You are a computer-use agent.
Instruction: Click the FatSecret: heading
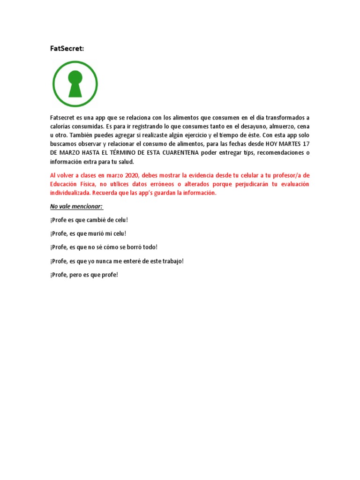pyautogui.click(x=67, y=48)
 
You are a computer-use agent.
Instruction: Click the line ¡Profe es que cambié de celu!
pyautogui.click(x=89, y=220)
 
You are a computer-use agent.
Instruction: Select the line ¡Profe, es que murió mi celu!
pyautogui.click(x=89, y=233)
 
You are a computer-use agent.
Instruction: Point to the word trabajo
pyautogui.click(x=172, y=261)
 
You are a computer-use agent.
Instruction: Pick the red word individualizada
pyautogui.click(x=70, y=193)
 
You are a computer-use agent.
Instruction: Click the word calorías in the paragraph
pyautogui.click(x=61, y=127)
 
